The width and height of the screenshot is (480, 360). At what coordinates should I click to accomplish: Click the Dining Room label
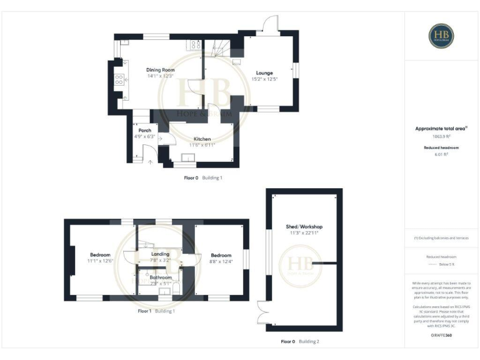pos(159,70)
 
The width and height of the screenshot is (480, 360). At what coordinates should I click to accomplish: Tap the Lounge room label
pos(264,73)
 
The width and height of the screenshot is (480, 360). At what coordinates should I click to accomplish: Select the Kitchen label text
pos(202,139)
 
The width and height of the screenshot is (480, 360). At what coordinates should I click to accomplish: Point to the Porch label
pos(145,130)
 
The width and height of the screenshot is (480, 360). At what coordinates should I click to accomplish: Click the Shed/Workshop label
pos(304,226)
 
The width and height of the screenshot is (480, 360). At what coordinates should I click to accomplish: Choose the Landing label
pos(161,254)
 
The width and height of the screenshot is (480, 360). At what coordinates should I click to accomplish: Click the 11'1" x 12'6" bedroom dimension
pos(100,261)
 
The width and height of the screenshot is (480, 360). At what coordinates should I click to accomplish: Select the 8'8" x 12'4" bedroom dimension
pos(221,261)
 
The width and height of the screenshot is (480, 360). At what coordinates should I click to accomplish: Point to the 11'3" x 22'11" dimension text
pos(304,233)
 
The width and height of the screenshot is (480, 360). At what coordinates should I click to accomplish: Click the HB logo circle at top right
pos(441,36)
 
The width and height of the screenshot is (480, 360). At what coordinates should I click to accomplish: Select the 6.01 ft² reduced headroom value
pos(441,153)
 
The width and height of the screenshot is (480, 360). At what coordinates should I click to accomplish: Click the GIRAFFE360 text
pos(441,336)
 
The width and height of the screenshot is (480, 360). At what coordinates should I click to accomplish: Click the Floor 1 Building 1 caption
pos(156,311)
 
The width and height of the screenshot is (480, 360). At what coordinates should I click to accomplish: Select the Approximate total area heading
pos(441,128)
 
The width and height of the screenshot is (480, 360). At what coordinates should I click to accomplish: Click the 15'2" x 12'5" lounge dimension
pos(264,79)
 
